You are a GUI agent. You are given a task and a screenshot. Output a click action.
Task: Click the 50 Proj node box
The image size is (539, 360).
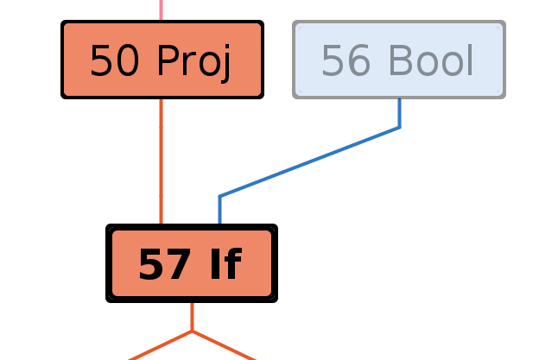coord(162,60)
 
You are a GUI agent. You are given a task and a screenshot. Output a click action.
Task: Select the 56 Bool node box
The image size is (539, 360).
coord(398,60)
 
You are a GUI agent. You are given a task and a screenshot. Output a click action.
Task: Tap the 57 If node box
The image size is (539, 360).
coord(191,263)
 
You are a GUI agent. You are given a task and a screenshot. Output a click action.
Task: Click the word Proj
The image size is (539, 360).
coord(195,60)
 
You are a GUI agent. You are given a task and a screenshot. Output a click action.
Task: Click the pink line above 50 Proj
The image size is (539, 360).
coord(161,9)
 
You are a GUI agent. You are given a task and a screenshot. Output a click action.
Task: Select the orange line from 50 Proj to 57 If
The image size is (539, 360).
coord(161,160)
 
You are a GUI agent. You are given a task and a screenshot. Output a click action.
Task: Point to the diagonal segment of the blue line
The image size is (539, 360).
coord(309,162)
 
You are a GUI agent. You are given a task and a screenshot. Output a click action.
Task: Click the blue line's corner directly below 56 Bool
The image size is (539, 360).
coord(399,128)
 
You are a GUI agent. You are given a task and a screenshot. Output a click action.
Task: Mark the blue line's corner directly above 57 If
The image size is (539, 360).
coord(220,197)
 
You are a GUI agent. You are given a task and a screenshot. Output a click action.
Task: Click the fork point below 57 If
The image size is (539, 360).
coord(192,331)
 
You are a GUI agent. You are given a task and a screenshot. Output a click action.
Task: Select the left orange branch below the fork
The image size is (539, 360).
coord(160,345)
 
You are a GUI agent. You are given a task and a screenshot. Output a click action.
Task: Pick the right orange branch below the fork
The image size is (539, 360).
coord(224,345)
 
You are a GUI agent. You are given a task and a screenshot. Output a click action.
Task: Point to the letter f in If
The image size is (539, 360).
coord(232,263)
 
